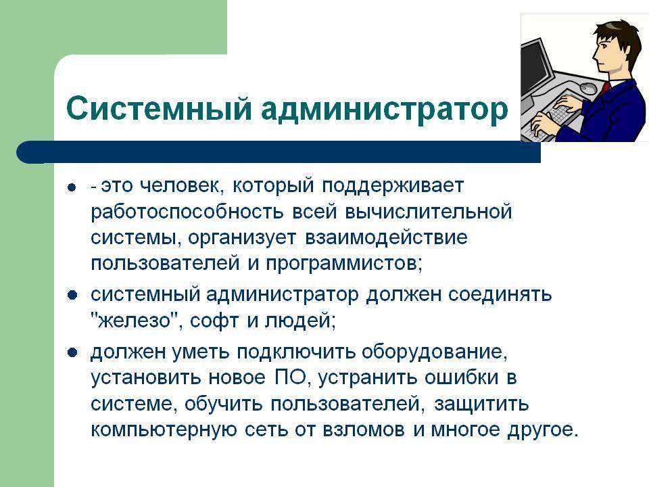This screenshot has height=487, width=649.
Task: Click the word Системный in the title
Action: [158, 108]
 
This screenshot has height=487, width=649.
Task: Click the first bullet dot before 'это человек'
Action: [72, 187]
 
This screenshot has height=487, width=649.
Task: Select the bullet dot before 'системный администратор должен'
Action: [72, 296]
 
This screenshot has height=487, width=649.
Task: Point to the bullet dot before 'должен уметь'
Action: [72, 352]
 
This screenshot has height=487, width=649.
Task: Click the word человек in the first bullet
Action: [182, 186]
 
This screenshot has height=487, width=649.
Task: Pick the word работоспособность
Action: [187, 212]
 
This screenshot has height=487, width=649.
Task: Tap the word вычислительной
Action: [429, 212]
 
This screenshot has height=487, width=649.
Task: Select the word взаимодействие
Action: [386, 238]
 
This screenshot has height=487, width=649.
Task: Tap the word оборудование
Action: [435, 352]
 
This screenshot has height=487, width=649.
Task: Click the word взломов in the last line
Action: [364, 430]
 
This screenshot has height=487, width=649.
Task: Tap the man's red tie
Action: [606, 87]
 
